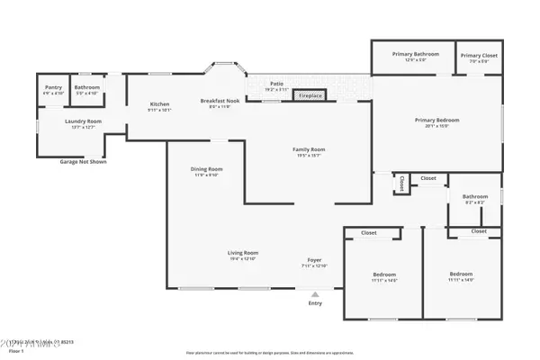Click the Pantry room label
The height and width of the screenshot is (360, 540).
53,87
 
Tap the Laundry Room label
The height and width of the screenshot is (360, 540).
83,121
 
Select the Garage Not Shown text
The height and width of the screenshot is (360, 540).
83,162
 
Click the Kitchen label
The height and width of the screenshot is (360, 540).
159,104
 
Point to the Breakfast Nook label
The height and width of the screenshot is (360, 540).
220,102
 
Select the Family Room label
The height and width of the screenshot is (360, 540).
309,149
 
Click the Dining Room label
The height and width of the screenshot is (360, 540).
206,169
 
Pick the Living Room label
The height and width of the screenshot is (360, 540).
243,253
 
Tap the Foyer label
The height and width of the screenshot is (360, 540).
315,261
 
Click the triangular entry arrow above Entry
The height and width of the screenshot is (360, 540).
315,292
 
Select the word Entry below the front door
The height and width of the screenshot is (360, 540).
315,303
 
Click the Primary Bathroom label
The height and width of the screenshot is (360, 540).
415,54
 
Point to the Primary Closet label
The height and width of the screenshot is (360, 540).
478,55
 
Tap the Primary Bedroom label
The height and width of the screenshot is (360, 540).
437,120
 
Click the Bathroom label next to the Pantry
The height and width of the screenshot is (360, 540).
87,87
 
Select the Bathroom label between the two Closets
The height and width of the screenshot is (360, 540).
474,196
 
